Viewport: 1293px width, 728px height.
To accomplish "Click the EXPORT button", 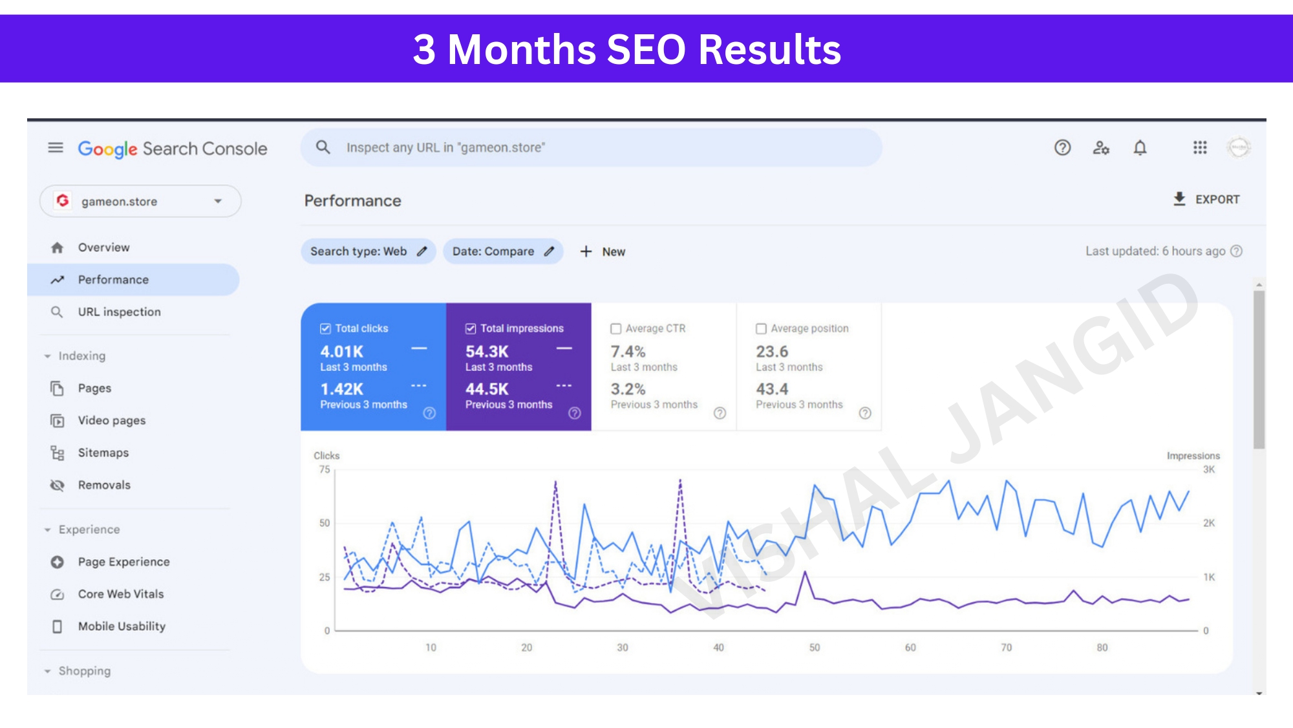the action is (x=1206, y=199).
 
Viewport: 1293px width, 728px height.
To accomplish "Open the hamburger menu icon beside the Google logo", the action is (x=56, y=148).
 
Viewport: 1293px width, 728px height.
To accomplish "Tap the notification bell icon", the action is (x=1140, y=148).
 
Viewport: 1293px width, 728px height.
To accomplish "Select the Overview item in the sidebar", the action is (x=103, y=248).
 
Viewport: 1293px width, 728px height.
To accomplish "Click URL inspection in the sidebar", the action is (x=119, y=312).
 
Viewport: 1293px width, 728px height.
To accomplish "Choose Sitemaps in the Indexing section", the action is (x=103, y=453).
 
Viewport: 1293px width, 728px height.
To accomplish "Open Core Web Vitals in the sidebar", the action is (x=121, y=594).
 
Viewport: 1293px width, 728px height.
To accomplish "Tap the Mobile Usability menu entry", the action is (x=122, y=626).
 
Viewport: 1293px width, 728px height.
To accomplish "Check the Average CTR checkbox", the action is (x=616, y=328).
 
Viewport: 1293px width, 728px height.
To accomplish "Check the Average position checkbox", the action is (x=762, y=328).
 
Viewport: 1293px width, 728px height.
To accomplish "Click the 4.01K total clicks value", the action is (x=342, y=352).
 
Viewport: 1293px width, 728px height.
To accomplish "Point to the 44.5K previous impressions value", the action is (x=487, y=389).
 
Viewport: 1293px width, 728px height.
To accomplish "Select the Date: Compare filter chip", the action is (x=503, y=252).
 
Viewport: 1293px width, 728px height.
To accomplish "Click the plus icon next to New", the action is (x=586, y=252).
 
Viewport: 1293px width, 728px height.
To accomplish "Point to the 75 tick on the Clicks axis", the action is (x=325, y=469).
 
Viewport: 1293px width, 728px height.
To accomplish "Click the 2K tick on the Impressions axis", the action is (x=1209, y=523).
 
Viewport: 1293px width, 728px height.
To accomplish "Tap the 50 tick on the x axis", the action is (x=815, y=647).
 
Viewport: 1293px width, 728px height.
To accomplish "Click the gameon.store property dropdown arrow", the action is (x=218, y=201).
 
